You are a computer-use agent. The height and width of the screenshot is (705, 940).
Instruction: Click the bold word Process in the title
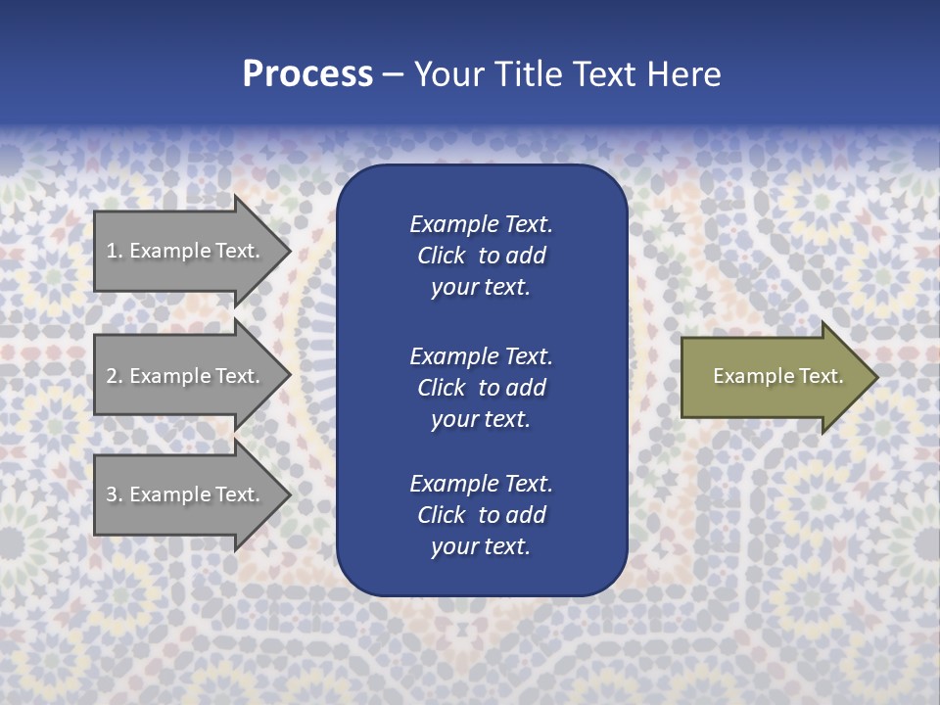[307, 74]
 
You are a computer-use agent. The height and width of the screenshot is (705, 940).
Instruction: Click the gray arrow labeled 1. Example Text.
[186, 251]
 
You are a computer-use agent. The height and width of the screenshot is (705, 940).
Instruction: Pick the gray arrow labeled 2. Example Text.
[186, 376]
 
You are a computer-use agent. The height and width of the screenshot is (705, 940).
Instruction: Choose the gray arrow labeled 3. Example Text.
[186, 494]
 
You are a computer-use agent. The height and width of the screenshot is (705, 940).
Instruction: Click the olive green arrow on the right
[774, 376]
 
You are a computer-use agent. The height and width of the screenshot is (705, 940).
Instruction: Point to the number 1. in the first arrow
[114, 251]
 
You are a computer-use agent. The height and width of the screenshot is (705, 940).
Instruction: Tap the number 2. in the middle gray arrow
[114, 376]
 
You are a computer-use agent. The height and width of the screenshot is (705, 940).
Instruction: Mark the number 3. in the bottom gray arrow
[114, 494]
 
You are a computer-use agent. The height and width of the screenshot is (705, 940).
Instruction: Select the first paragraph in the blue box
[481, 256]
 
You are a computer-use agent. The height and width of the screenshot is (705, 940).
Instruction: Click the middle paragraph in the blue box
[481, 388]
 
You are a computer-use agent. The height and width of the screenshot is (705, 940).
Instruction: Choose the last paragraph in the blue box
[481, 515]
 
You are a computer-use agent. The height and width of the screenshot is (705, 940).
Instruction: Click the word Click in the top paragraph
[441, 256]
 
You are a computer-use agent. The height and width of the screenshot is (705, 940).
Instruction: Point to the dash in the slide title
[393, 75]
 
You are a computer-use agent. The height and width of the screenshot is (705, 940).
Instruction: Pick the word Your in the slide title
[446, 74]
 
